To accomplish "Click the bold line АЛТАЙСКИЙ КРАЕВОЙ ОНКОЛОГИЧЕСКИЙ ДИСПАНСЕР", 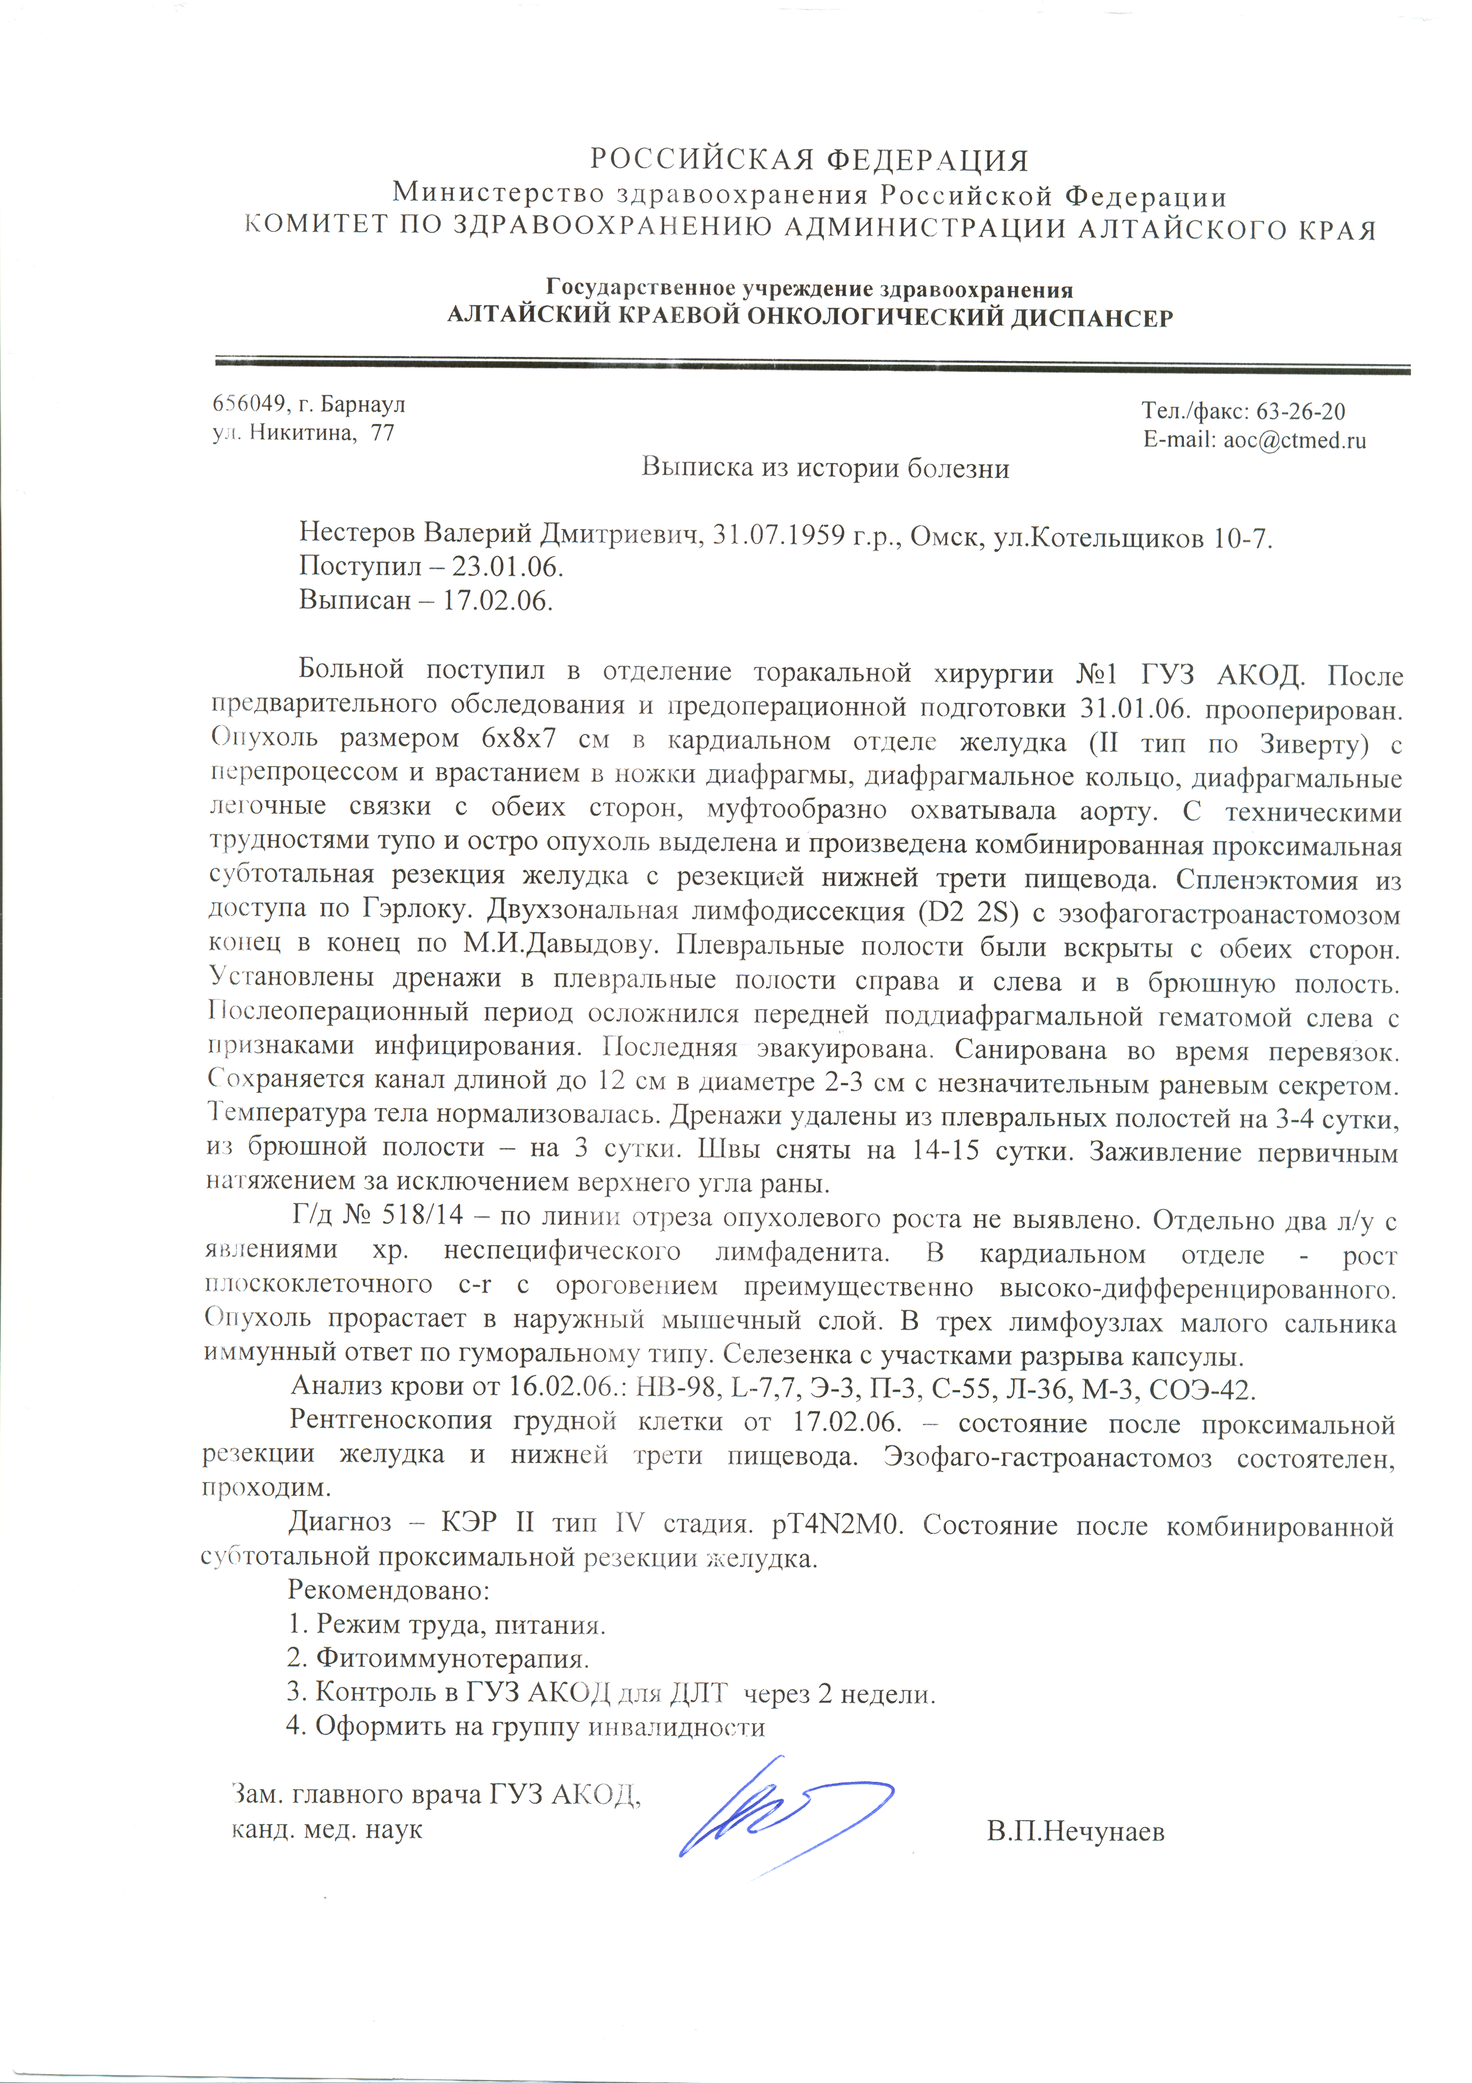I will click(x=810, y=318).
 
